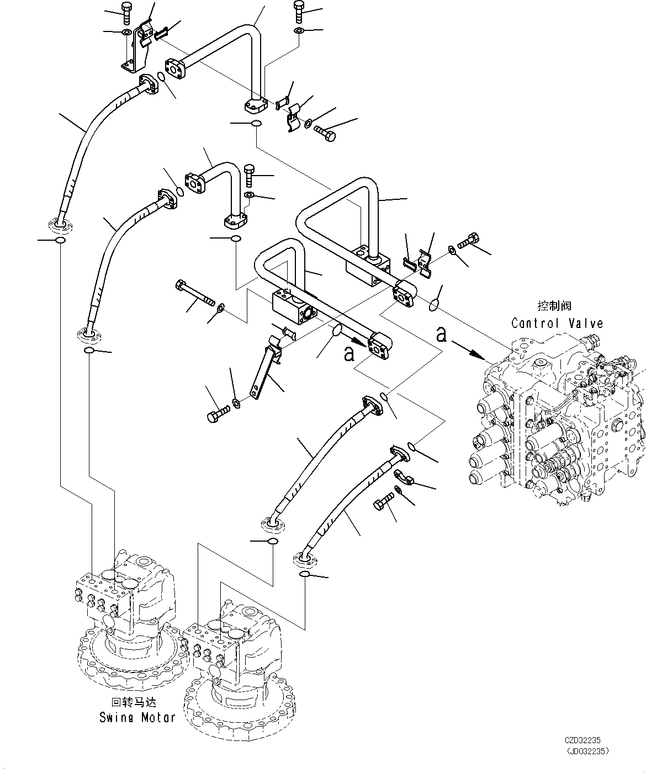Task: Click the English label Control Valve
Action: coord(557,323)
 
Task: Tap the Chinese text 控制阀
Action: coord(554,305)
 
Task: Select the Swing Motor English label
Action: coord(137,717)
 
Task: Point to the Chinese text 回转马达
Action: coord(134,703)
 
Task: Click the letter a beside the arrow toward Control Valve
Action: coord(441,334)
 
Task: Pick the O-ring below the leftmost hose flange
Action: coord(60,241)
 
